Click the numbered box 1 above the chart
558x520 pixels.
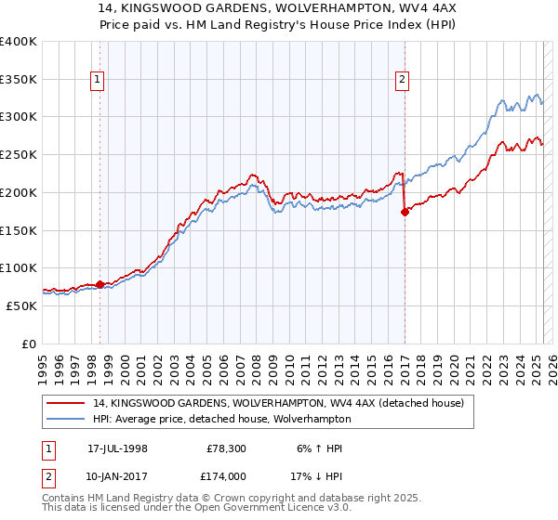click(x=97, y=81)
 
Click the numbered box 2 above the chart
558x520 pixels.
click(x=402, y=81)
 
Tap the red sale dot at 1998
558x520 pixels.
click(x=100, y=284)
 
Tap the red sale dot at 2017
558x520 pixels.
click(x=405, y=212)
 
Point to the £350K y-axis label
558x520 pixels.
click(x=18, y=80)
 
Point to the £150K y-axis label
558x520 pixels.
click(x=18, y=230)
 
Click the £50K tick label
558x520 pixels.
click(x=21, y=305)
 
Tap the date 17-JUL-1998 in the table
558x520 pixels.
click(x=117, y=448)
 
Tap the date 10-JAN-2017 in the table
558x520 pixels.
click(x=117, y=475)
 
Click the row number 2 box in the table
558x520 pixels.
click(x=47, y=475)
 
